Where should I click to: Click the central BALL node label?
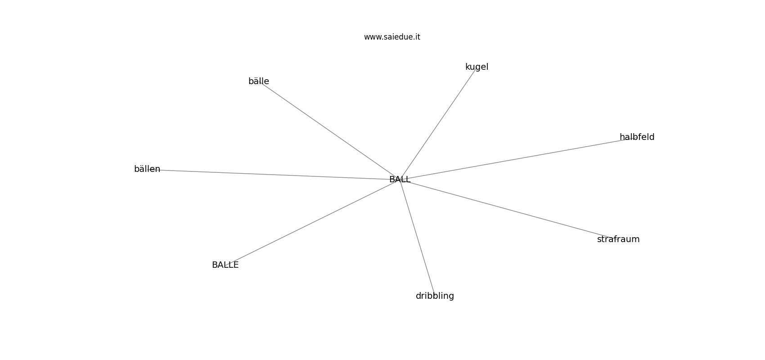pos(400,179)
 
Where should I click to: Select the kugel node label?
pos(477,67)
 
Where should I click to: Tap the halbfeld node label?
pos(637,137)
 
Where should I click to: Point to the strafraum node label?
pos(618,239)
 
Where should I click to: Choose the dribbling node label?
pos(435,296)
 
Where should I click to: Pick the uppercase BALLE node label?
pos(225,265)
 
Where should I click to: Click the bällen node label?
pos(147,169)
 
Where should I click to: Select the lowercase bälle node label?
pos(259,81)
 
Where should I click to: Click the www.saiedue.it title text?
pos(392,37)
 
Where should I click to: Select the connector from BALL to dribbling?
pos(417,238)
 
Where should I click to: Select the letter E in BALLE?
pos(236,265)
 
